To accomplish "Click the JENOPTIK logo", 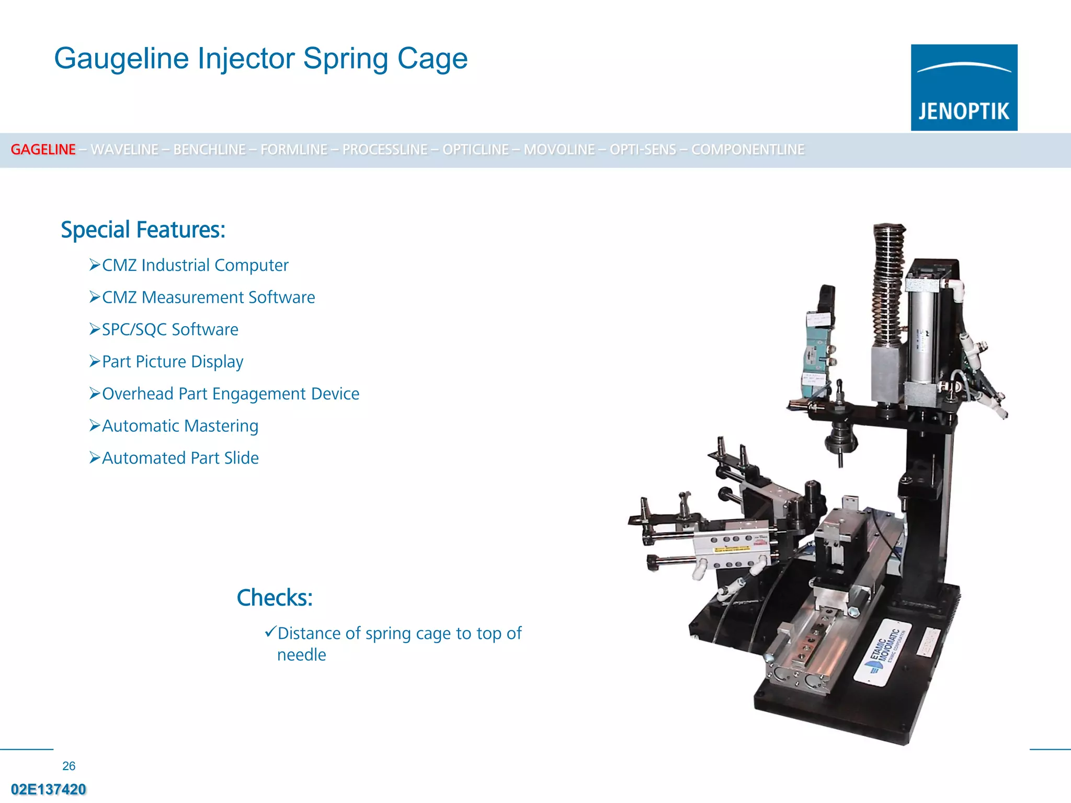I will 964,87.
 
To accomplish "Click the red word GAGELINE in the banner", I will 43,150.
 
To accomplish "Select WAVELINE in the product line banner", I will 124,150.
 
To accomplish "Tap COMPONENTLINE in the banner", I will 747,150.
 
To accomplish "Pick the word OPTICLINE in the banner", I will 475,150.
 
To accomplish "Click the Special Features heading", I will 143,230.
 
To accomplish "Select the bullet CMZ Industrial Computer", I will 195,266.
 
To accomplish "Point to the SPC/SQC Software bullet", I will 170,330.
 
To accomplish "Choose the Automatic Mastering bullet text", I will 180,426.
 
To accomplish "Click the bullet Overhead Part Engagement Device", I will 231,394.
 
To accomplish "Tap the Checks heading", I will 275,598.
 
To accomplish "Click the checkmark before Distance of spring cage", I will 270,632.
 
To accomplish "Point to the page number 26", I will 69,766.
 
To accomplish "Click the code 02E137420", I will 49,789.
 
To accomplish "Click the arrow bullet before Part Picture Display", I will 94,361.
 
